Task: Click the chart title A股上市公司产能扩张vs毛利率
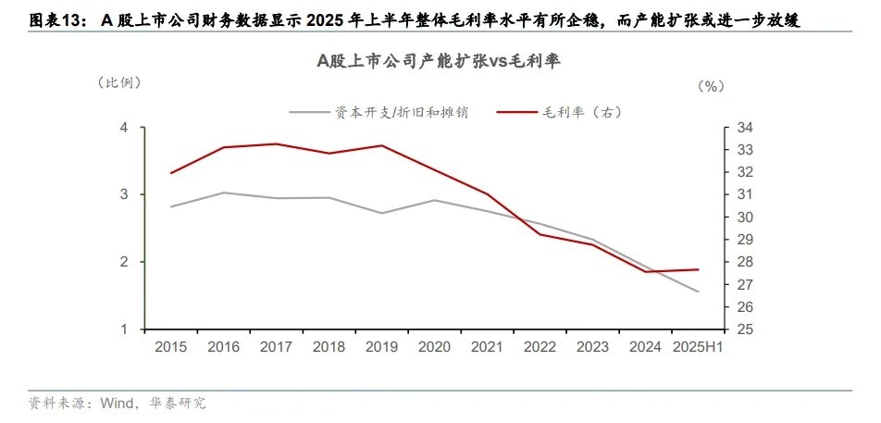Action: tap(440, 62)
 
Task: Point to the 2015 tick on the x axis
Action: tap(171, 346)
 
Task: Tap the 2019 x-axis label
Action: tap(381, 346)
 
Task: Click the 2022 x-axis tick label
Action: tap(540, 346)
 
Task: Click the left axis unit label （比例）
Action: tap(119, 82)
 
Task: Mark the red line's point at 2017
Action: tap(276, 143)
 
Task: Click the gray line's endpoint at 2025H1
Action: tap(698, 292)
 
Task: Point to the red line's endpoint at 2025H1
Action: tap(698, 269)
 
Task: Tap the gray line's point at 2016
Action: tap(224, 193)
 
